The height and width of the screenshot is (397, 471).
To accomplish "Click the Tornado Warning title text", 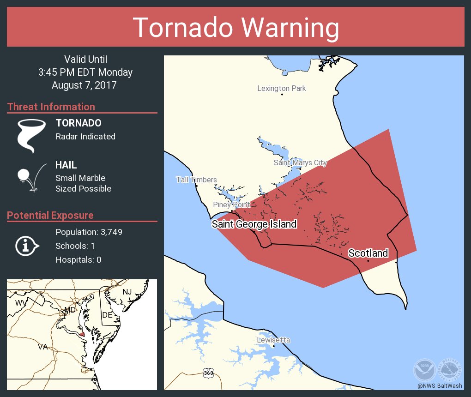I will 235,28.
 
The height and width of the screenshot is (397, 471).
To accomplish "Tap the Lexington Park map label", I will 281,88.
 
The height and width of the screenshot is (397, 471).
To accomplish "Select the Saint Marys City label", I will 300,162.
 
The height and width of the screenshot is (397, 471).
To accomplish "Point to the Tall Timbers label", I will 196,180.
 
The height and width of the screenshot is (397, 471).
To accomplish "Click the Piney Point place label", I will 231,205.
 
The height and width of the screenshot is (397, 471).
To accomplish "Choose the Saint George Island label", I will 254,224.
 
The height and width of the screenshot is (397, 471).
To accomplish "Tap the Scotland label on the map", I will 368,253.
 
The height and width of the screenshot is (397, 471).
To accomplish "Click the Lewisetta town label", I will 273,340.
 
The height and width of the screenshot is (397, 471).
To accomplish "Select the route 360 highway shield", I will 208,373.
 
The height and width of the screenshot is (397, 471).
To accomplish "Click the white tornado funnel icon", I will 31,135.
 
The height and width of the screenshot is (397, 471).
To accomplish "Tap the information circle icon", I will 27,246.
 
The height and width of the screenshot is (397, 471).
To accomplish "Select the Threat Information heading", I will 51,107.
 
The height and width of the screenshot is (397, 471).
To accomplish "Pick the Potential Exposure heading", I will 50,215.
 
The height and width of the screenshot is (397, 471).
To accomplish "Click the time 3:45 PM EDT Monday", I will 85,72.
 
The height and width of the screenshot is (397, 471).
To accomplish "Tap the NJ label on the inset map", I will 127,292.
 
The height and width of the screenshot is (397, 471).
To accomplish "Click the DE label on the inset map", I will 107,315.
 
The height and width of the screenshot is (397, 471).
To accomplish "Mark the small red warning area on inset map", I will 81,333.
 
